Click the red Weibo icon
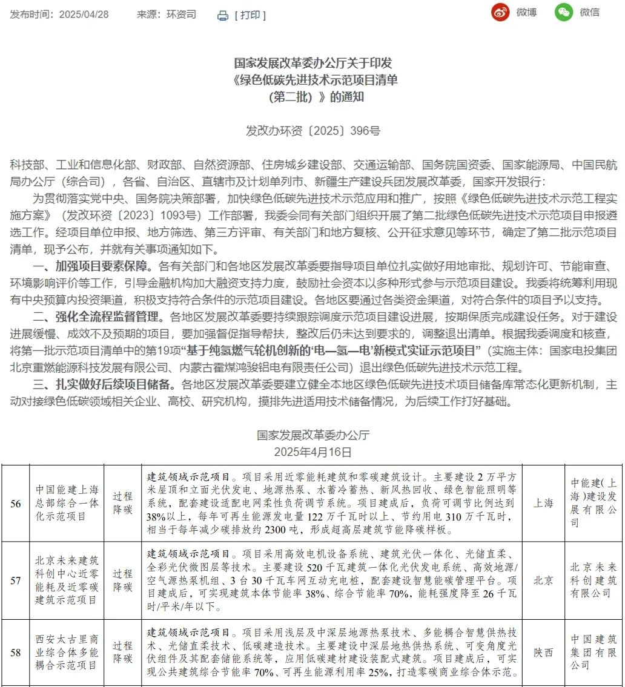click(x=500, y=13)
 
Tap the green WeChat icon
click(x=563, y=13)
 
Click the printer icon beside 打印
click(x=223, y=16)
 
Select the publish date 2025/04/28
click(x=84, y=15)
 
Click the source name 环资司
click(x=182, y=15)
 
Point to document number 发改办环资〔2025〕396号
click(x=312, y=131)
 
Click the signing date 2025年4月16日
click(x=312, y=452)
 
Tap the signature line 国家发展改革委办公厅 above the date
click(x=312, y=435)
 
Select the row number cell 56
click(x=16, y=503)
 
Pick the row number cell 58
click(x=16, y=652)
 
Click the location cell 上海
click(x=543, y=503)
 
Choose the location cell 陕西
click(x=543, y=652)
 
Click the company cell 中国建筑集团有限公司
click(x=594, y=652)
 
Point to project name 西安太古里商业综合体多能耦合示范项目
click(x=67, y=652)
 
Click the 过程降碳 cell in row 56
click(x=122, y=503)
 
